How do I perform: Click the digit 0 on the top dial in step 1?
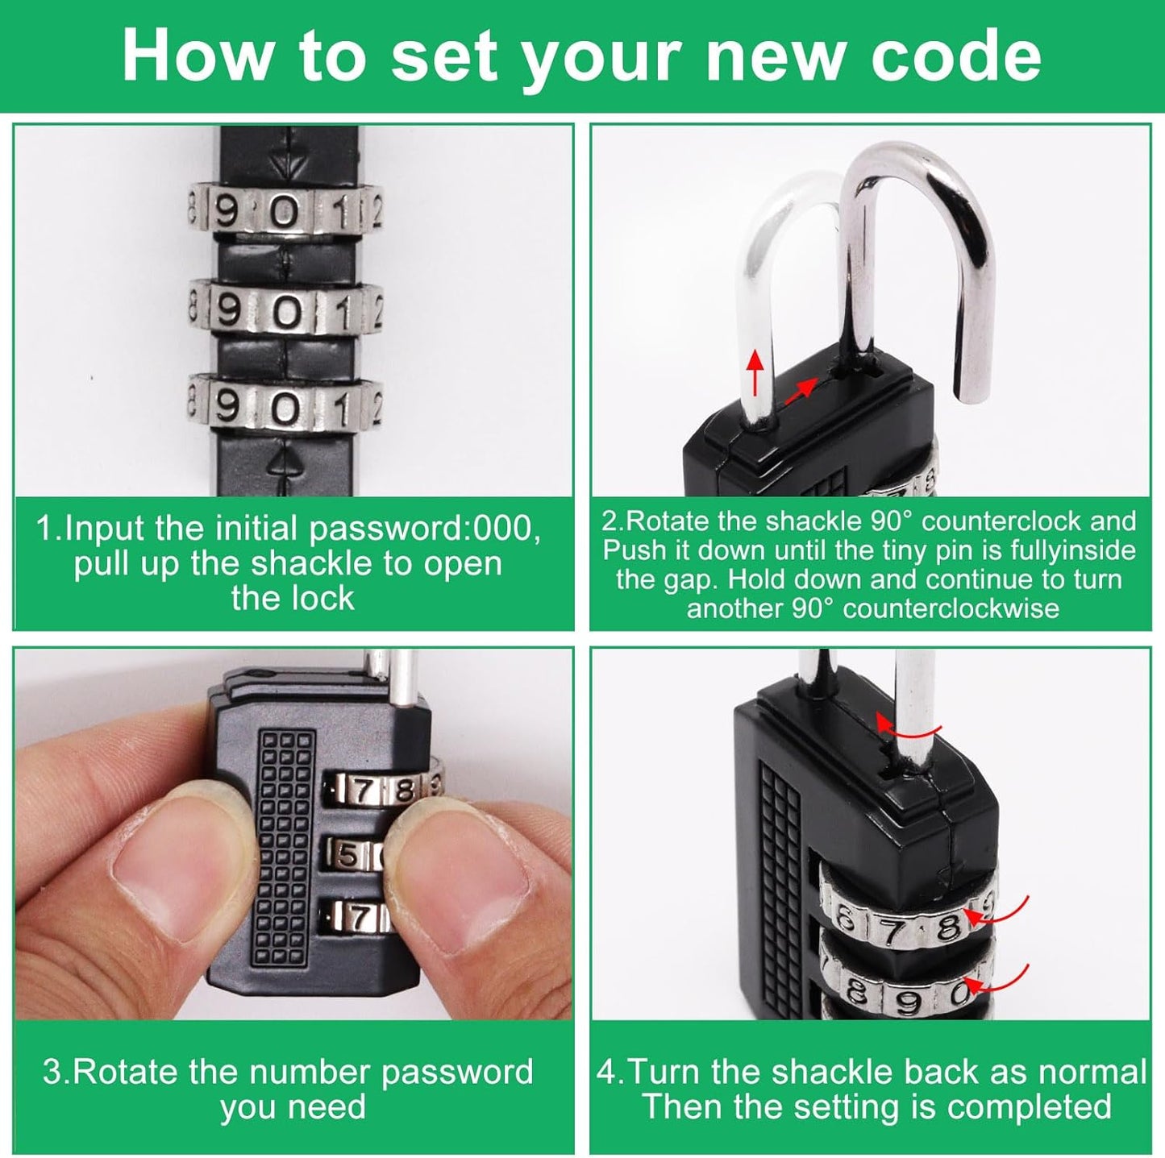(x=284, y=214)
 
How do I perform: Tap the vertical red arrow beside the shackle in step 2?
(x=755, y=373)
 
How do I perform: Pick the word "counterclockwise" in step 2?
(x=951, y=608)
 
